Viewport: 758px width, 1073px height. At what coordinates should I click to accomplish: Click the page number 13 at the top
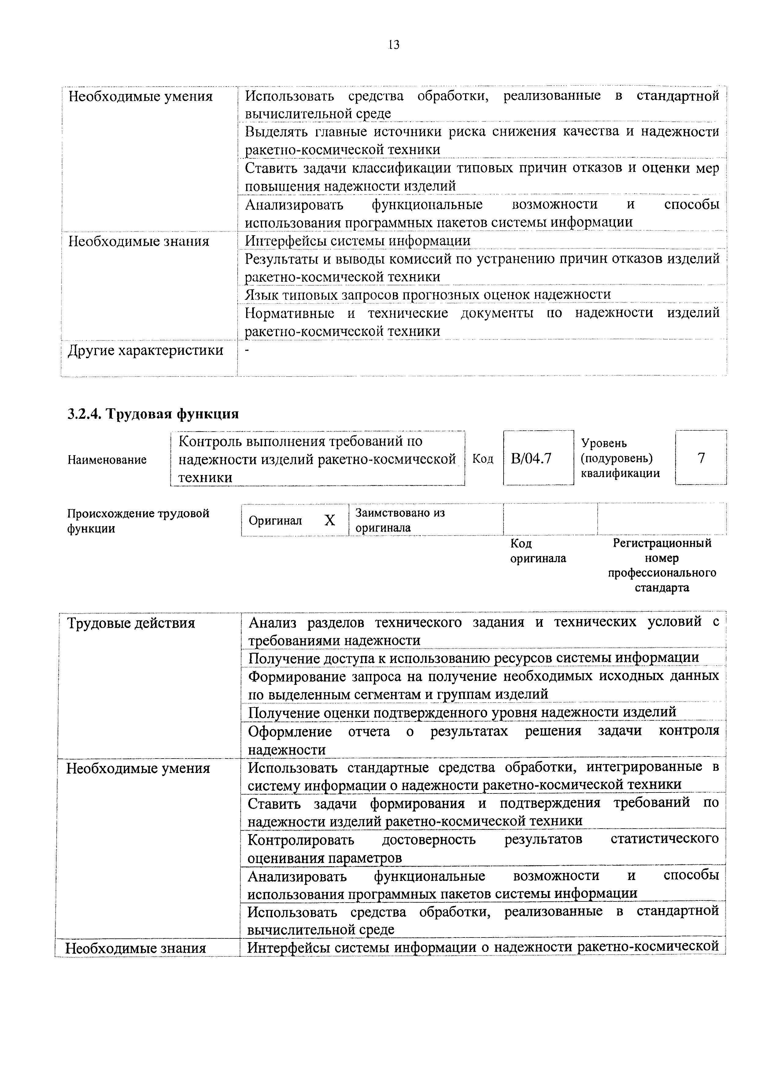tap(394, 45)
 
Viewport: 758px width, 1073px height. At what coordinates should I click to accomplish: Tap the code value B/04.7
tap(531, 459)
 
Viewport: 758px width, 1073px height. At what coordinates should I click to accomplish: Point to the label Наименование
tap(107, 460)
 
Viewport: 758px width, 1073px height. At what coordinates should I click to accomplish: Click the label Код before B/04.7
tap(483, 459)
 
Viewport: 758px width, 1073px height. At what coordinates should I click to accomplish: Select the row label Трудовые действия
tap(131, 623)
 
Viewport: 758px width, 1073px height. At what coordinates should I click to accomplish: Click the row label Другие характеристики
tap(146, 351)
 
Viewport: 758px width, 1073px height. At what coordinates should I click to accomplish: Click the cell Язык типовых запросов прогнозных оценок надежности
tap(428, 295)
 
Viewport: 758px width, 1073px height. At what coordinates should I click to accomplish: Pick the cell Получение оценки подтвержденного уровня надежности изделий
tap(462, 712)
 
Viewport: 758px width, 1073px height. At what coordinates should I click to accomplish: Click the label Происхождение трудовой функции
tap(138, 521)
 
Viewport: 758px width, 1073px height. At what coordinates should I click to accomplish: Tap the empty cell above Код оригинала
tap(550, 519)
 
